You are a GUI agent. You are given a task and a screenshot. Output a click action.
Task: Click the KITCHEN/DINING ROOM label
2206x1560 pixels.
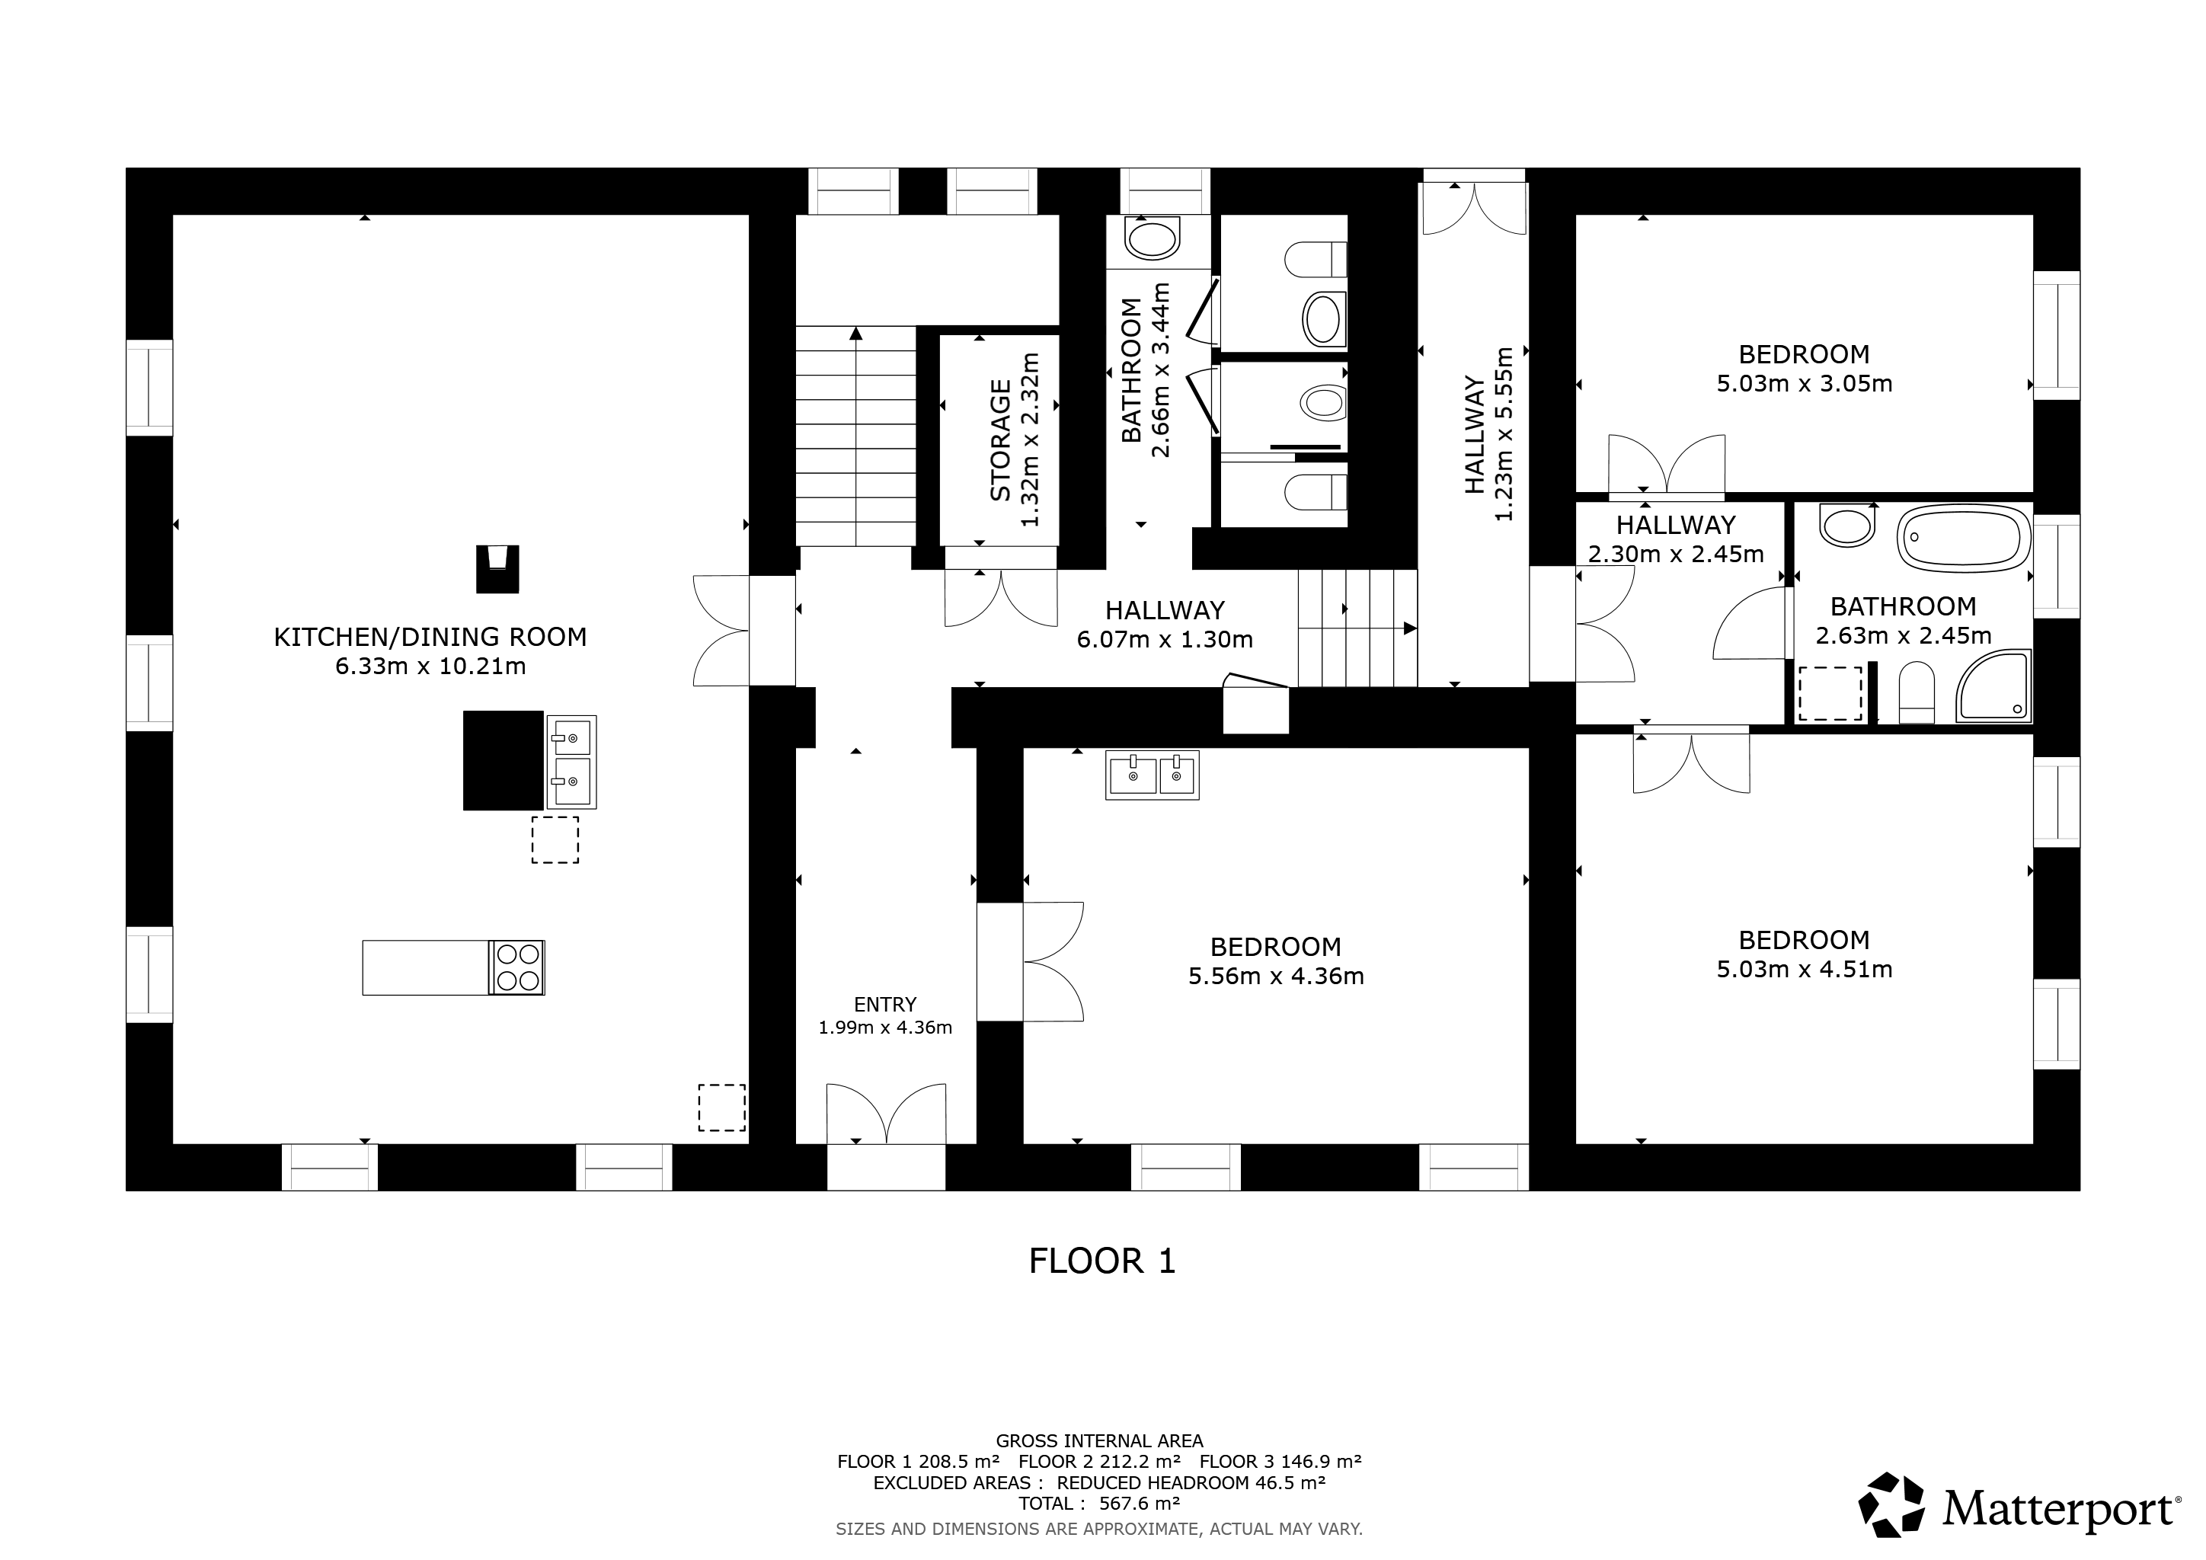click(x=430, y=637)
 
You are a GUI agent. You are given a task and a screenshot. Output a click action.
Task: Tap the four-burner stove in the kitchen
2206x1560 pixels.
click(x=517, y=967)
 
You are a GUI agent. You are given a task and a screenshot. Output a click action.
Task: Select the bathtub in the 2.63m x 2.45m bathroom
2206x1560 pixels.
click(x=1965, y=538)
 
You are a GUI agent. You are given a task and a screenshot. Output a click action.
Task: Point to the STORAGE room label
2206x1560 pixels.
click(x=1000, y=440)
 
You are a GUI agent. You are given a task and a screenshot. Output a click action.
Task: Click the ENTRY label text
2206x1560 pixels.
click(x=885, y=1005)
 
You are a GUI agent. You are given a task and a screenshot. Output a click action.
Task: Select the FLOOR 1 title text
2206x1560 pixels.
click(x=1102, y=1261)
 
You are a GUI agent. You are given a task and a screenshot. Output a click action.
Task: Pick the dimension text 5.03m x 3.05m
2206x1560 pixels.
click(x=1805, y=384)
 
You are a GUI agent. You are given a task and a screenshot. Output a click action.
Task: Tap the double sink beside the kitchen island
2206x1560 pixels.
click(x=571, y=762)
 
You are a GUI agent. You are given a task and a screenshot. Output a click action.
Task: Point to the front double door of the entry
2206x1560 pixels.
click(x=886, y=1114)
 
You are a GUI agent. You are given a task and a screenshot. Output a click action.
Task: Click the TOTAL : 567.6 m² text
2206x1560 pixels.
click(x=1099, y=1504)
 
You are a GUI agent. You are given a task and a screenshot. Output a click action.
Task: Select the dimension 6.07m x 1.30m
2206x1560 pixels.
click(x=1165, y=640)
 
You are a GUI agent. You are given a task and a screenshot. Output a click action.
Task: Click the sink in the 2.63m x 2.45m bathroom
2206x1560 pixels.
click(x=1846, y=526)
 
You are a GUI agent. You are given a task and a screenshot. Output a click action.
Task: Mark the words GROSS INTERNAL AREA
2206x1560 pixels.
click(x=1099, y=1441)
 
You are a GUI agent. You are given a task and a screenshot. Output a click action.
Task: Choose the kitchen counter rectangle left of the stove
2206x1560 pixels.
click(x=426, y=967)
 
